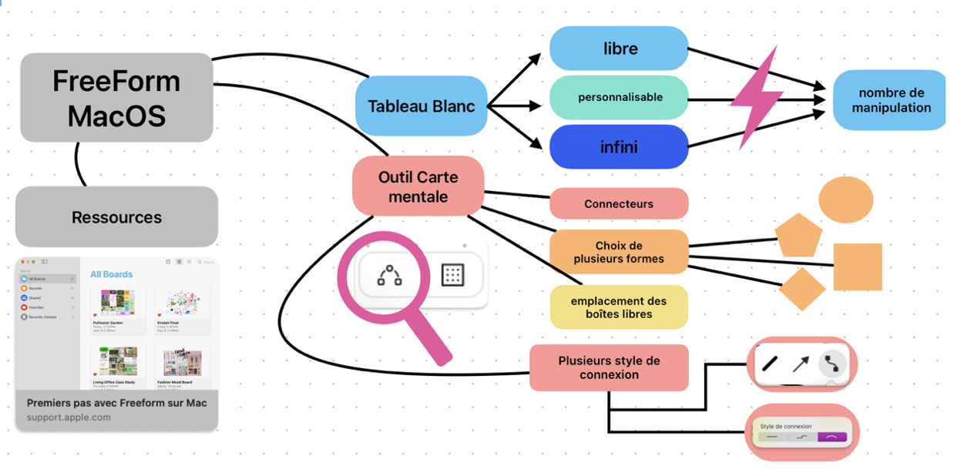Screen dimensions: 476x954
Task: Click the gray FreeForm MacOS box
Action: point(116,97)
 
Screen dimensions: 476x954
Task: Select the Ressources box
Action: point(116,217)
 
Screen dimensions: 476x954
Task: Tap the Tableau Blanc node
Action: point(421,106)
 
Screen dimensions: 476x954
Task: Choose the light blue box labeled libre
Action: point(619,49)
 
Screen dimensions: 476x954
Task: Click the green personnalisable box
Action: point(619,97)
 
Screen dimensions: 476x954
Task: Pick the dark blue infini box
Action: point(619,146)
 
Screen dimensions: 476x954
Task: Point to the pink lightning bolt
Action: point(755,97)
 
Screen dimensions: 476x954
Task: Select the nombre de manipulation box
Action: point(890,100)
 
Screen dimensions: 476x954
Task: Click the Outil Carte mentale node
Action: point(418,186)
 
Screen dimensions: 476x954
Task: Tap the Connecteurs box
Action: point(619,204)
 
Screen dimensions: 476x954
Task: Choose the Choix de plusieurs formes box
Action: point(619,252)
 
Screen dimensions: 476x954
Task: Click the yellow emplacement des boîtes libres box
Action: point(619,307)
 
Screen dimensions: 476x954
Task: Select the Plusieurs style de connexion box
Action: point(609,367)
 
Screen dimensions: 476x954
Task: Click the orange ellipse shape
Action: point(845,199)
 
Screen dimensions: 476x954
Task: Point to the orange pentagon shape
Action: point(798,236)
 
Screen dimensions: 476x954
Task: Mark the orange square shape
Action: point(858,266)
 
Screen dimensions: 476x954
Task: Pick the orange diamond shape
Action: point(801,289)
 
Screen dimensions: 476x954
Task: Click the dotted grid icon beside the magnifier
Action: point(452,275)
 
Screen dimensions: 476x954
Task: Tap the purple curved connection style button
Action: point(831,437)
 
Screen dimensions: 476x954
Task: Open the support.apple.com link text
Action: point(69,417)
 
